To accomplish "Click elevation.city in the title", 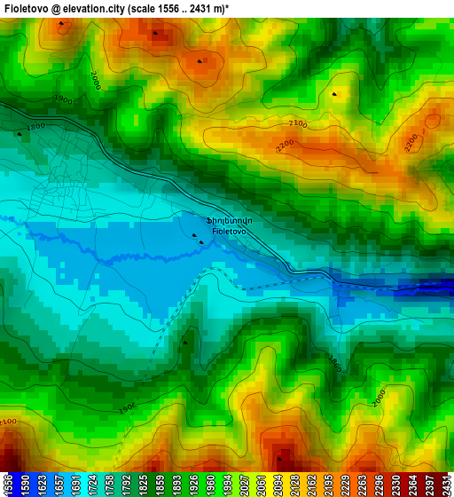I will coord(93,8).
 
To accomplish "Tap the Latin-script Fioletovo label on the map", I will coord(229,231).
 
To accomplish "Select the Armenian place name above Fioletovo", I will coord(230,220).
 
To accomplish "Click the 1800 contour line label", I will coord(35,127).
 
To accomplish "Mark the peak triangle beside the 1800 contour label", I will coord(20,134).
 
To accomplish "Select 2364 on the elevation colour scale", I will coord(412,485).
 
